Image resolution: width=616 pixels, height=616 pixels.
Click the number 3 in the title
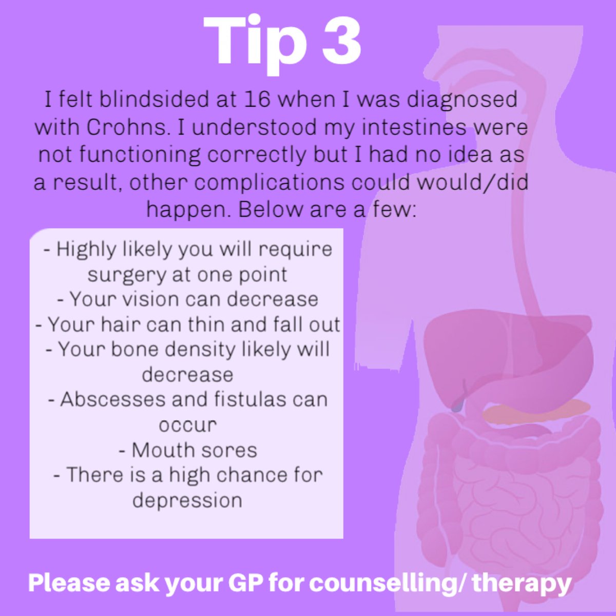pyautogui.click(x=341, y=41)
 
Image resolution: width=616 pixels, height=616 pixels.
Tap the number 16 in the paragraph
pyautogui.click(x=257, y=99)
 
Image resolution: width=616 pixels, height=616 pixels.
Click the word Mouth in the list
pyautogui.click(x=154, y=450)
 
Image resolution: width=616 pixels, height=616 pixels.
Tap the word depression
pyautogui.click(x=187, y=500)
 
